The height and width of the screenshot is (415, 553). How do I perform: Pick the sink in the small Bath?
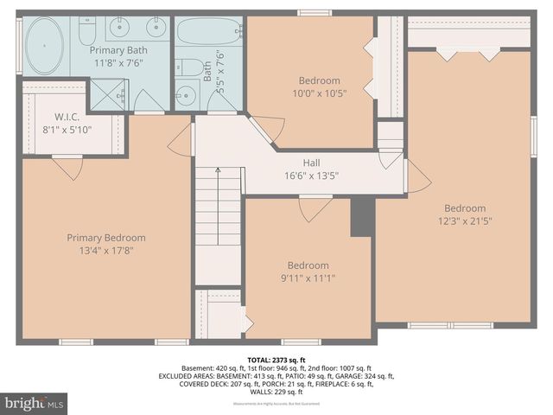click(185, 94)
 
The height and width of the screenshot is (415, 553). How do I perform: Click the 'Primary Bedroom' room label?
click(106, 238)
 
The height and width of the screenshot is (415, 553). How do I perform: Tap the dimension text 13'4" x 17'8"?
click(106, 251)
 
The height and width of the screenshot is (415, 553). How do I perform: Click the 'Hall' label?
click(312, 163)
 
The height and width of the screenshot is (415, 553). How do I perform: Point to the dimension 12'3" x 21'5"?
click(465, 220)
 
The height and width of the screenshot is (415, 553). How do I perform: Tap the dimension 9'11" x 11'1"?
click(308, 278)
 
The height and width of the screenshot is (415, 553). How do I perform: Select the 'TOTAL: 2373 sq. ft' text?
click(276, 359)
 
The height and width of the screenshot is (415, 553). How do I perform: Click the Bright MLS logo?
click(34, 403)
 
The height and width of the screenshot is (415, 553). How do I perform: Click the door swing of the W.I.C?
click(67, 167)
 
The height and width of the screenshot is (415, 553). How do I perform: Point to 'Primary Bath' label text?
click(119, 50)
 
